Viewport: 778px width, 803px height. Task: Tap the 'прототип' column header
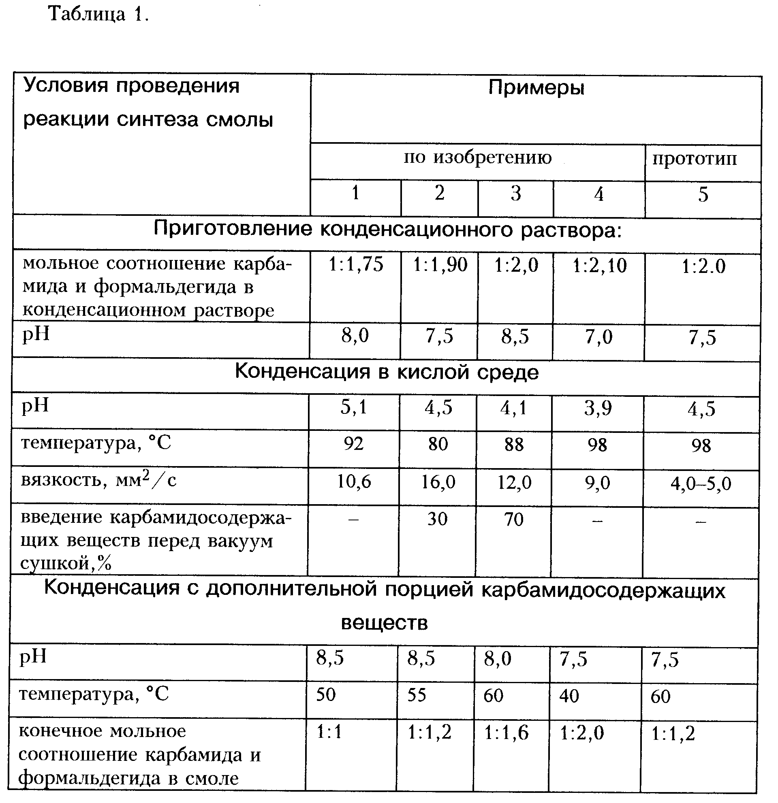click(x=695, y=159)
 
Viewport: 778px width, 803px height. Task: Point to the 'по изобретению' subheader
click(x=478, y=158)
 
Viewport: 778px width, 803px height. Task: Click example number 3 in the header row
click(x=516, y=194)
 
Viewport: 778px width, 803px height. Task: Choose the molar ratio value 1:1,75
click(x=356, y=265)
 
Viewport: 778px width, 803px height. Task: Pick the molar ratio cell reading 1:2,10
click(x=599, y=266)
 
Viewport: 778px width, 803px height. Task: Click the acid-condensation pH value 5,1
click(x=354, y=408)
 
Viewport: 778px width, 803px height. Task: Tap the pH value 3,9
click(x=598, y=409)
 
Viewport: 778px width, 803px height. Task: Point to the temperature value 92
click(x=353, y=444)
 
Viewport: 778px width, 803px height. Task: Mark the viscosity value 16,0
click(x=438, y=482)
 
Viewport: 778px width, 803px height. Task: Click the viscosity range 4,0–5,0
click(x=701, y=484)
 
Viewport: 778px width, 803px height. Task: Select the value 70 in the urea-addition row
click(x=514, y=520)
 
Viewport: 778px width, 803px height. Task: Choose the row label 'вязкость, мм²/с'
click(x=99, y=480)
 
